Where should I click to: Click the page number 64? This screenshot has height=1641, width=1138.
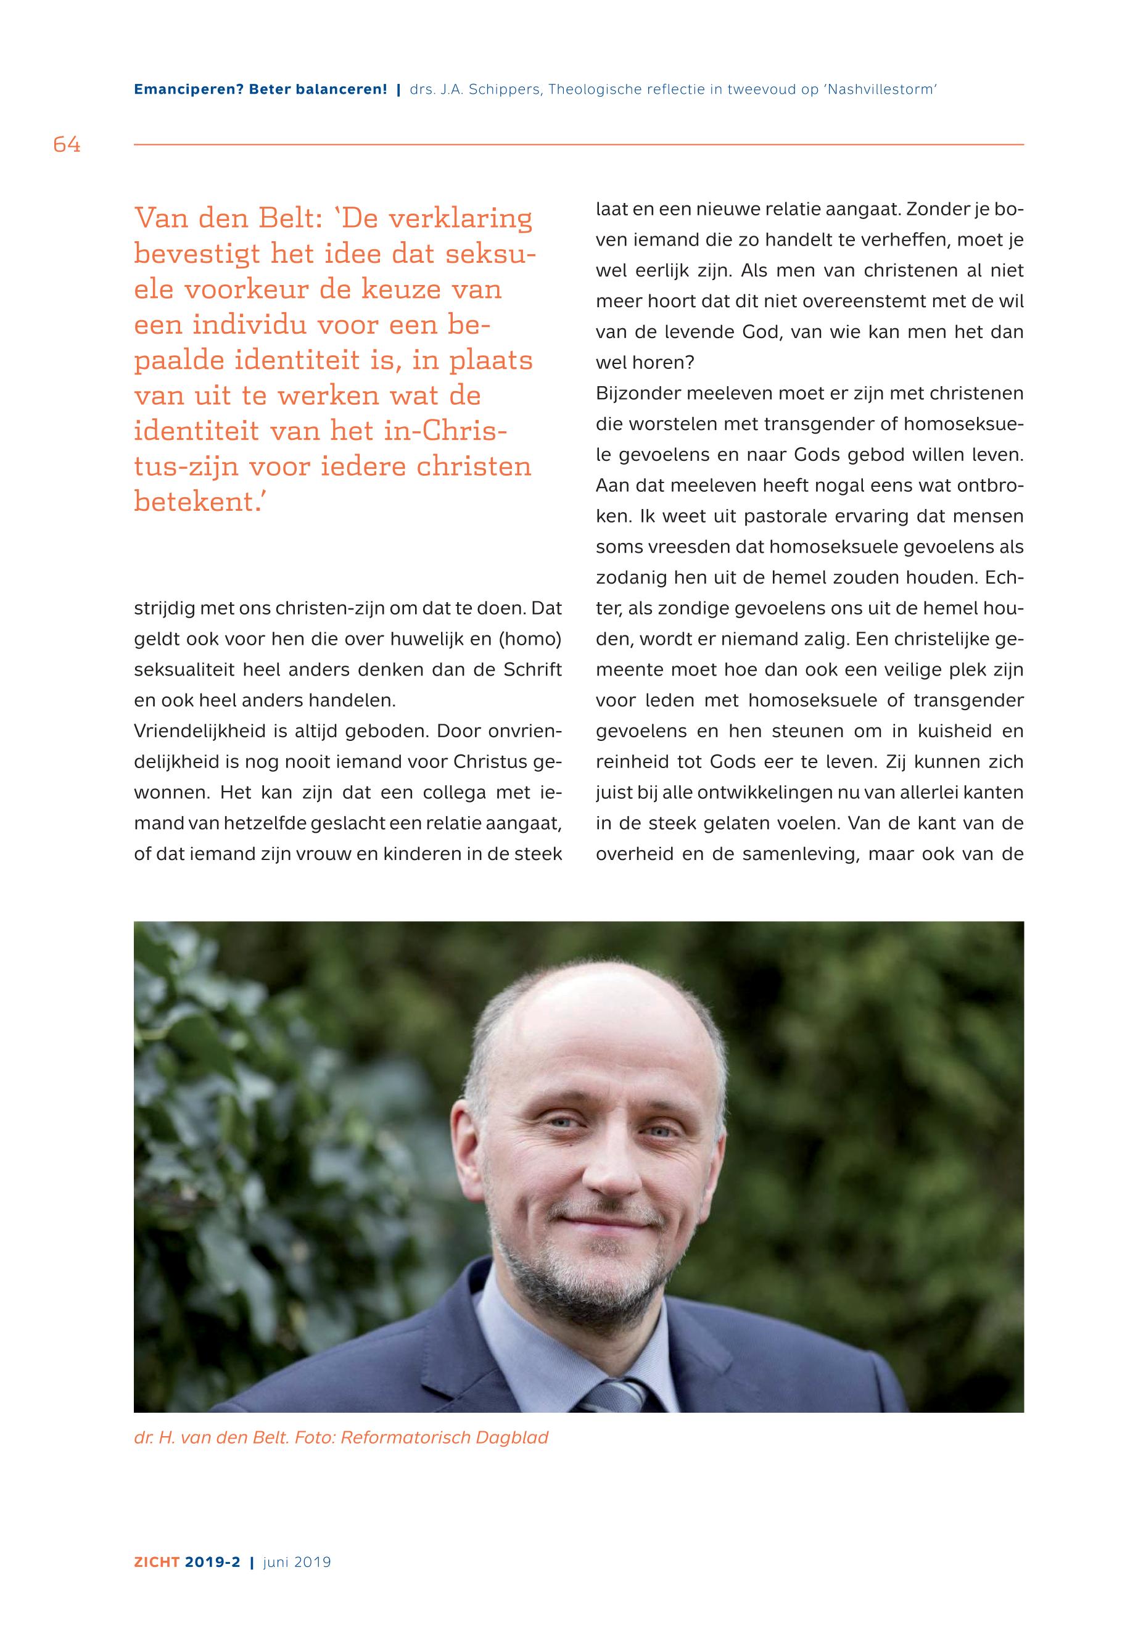[x=67, y=145]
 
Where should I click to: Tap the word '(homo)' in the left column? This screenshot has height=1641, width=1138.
[x=530, y=639]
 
